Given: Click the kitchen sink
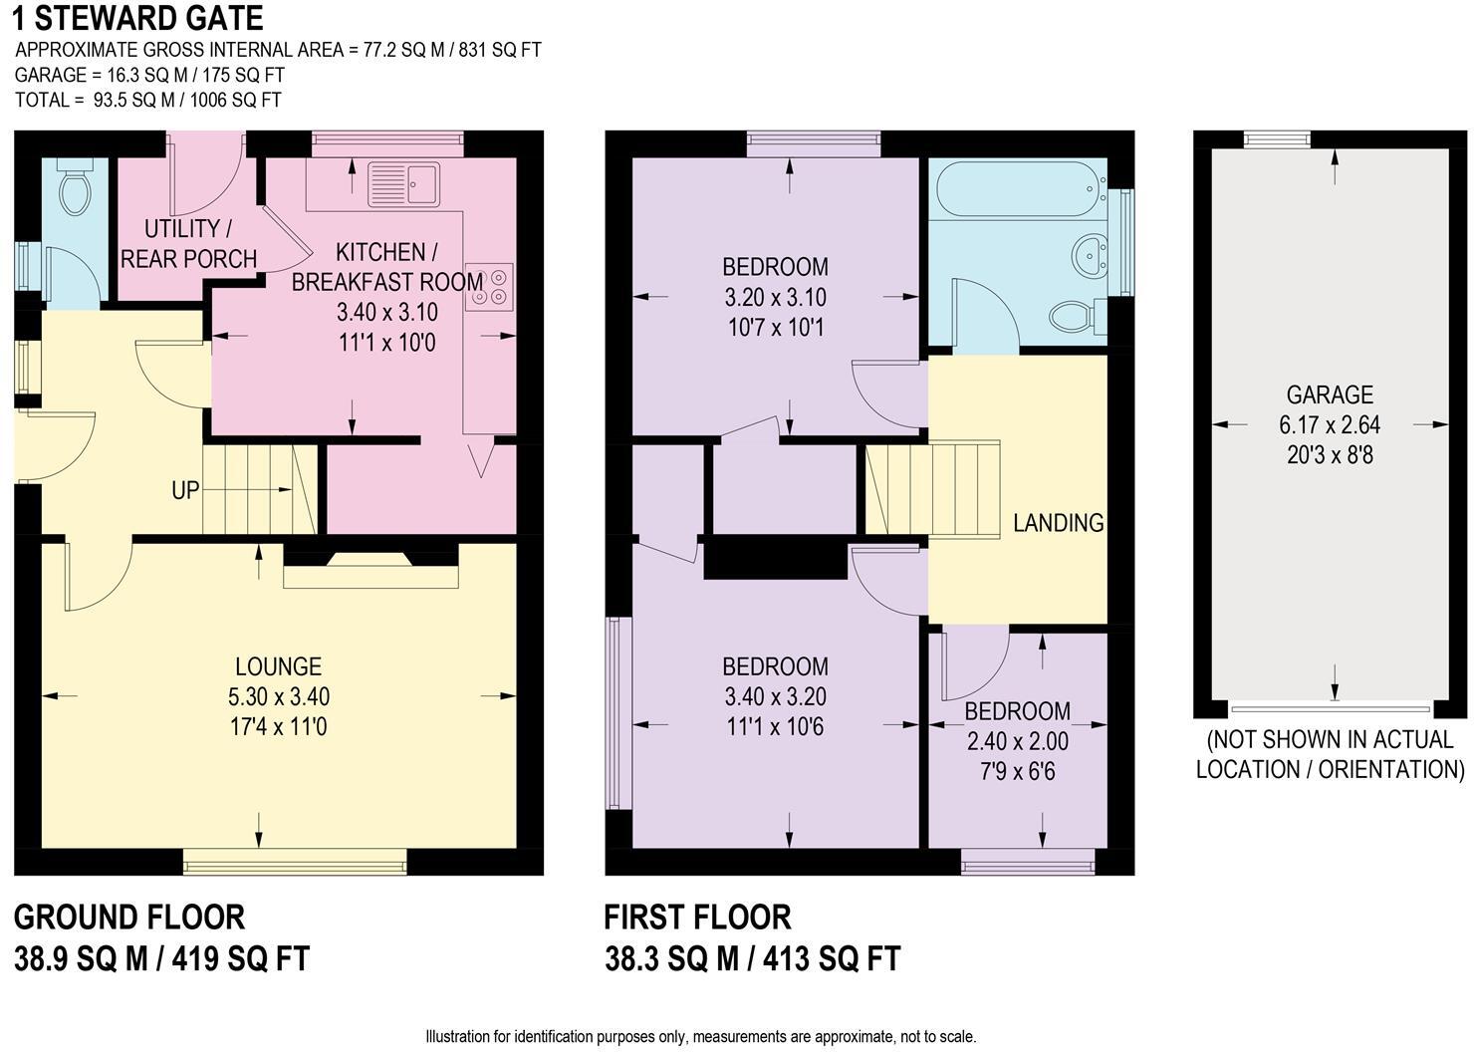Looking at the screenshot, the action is [x=404, y=184].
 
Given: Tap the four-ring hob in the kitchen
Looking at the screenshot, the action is [x=490, y=287].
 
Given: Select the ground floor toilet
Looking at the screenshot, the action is [x=75, y=186].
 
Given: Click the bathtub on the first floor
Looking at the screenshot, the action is [x=1021, y=189].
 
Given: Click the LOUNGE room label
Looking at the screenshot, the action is [x=278, y=666].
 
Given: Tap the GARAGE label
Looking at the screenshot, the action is [x=1330, y=394].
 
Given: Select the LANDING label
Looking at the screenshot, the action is [x=1058, y=523].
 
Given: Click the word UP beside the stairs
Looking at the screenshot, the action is [x=185, y=490].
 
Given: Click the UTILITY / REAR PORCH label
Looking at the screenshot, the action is [x=188, y=244].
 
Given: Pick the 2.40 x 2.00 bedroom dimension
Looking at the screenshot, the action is [x=1017, y=741].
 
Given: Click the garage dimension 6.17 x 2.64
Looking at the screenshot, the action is [x=1330, y=424].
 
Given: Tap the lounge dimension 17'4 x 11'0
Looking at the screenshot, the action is [x=278, y=727].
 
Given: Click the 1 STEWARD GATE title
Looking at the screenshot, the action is [x=138, y=18].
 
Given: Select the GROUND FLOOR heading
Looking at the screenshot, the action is [x=129, y=918].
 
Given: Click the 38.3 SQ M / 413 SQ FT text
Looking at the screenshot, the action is [x=752, y=958].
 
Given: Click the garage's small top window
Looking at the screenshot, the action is [x=1277, y=139].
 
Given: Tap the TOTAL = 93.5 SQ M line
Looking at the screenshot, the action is [x=148, y=100].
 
